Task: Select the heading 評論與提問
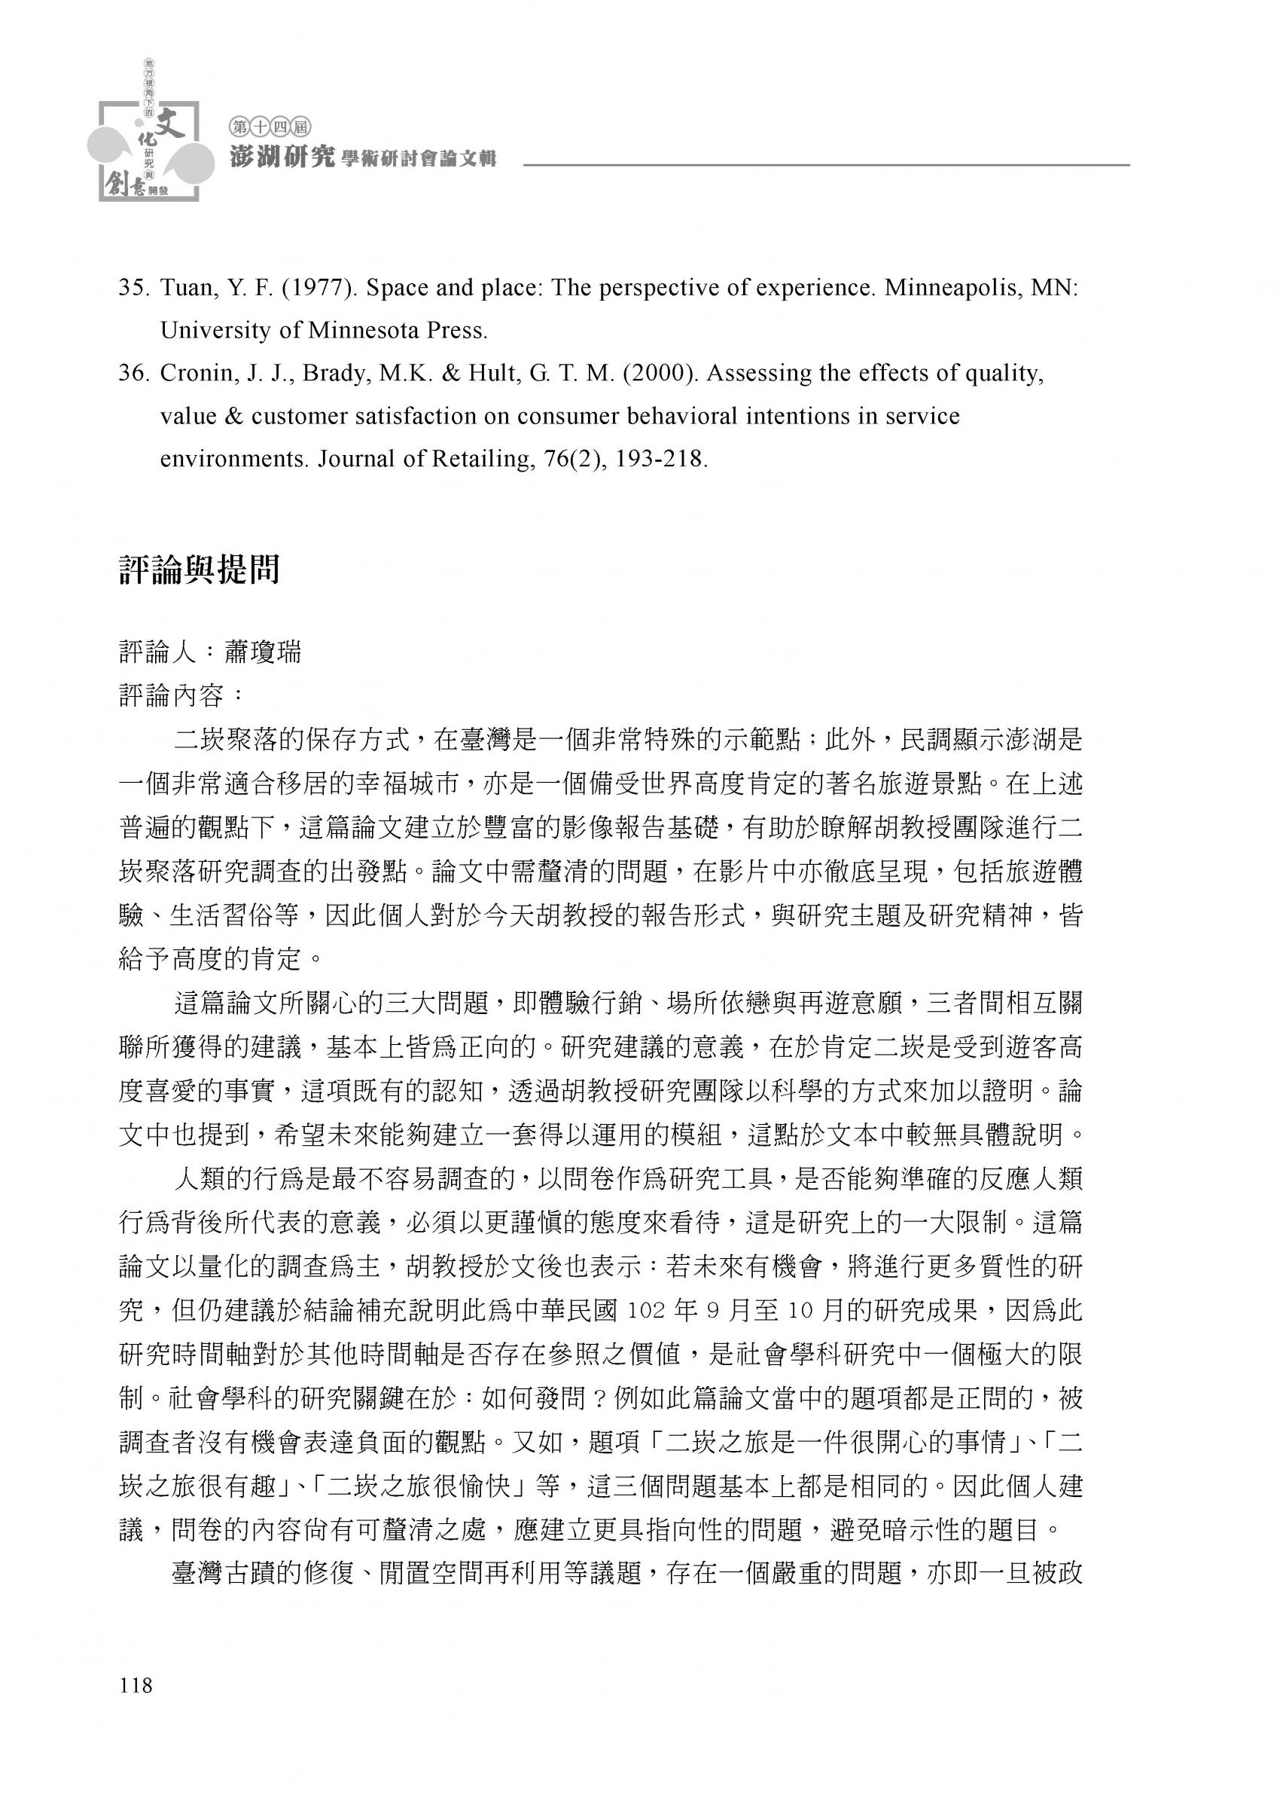[200, 570]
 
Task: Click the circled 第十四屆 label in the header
[270, 125]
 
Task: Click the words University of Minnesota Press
[324, 330]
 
